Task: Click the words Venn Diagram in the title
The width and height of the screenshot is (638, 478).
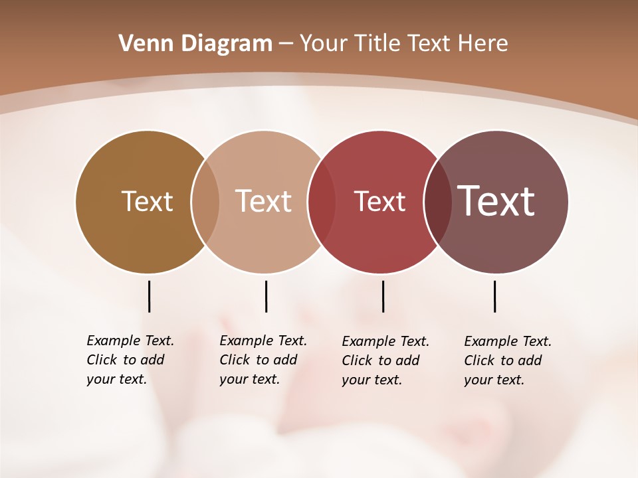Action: tap(195, 44)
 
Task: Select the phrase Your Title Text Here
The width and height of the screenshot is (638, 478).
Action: tap(403, 44)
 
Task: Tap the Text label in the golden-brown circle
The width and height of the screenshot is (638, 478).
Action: tap(147, 201)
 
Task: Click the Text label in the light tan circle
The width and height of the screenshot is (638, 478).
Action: tap(263, 201)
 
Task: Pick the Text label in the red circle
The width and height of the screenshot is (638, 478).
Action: tap(379, 201)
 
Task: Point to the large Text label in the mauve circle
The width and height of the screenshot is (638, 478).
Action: tap(496, 200)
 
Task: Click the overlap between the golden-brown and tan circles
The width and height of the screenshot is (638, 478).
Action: tap(205, 202)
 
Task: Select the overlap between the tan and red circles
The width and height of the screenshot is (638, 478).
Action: tap(321, 202)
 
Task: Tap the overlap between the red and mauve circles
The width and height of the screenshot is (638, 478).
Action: tap(437, 202)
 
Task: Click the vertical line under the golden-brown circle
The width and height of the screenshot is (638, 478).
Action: tap(149, 296)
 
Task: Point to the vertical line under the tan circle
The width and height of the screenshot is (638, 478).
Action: tap(266, 296)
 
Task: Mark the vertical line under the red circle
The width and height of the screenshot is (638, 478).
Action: tap(383, 296)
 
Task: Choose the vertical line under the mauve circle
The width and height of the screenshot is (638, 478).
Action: tap(494, 296)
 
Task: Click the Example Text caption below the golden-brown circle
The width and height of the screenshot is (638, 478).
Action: tap(130, 360)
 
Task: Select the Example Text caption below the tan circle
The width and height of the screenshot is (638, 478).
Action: tap(263, 360)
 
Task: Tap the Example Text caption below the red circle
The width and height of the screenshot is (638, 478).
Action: tap(385, 360)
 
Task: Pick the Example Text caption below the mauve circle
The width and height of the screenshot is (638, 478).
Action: tap(508, 360)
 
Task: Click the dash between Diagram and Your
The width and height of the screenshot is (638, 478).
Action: tap(286, 44)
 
